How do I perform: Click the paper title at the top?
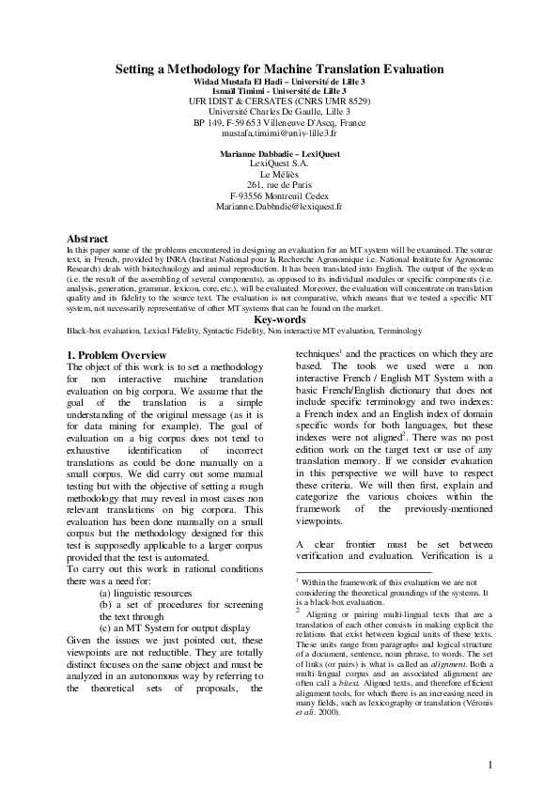coord(279,70)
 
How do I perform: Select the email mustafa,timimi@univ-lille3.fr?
coord(279,134)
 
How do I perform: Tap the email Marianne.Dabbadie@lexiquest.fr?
coord(279,204)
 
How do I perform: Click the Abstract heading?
coord(88,240)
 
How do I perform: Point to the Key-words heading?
coord(279,319)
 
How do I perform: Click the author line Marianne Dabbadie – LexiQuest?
coord(279,151)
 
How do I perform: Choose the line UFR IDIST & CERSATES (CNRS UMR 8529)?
coord(279,101)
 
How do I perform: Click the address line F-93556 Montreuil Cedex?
coord(279,194)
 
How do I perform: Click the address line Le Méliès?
coord(279,173)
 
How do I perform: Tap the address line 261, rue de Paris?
coord(279,183)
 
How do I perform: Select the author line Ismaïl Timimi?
coord(279,90)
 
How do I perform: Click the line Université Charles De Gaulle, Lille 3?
coord(279,112)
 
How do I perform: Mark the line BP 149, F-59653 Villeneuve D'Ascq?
coord(279,123)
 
